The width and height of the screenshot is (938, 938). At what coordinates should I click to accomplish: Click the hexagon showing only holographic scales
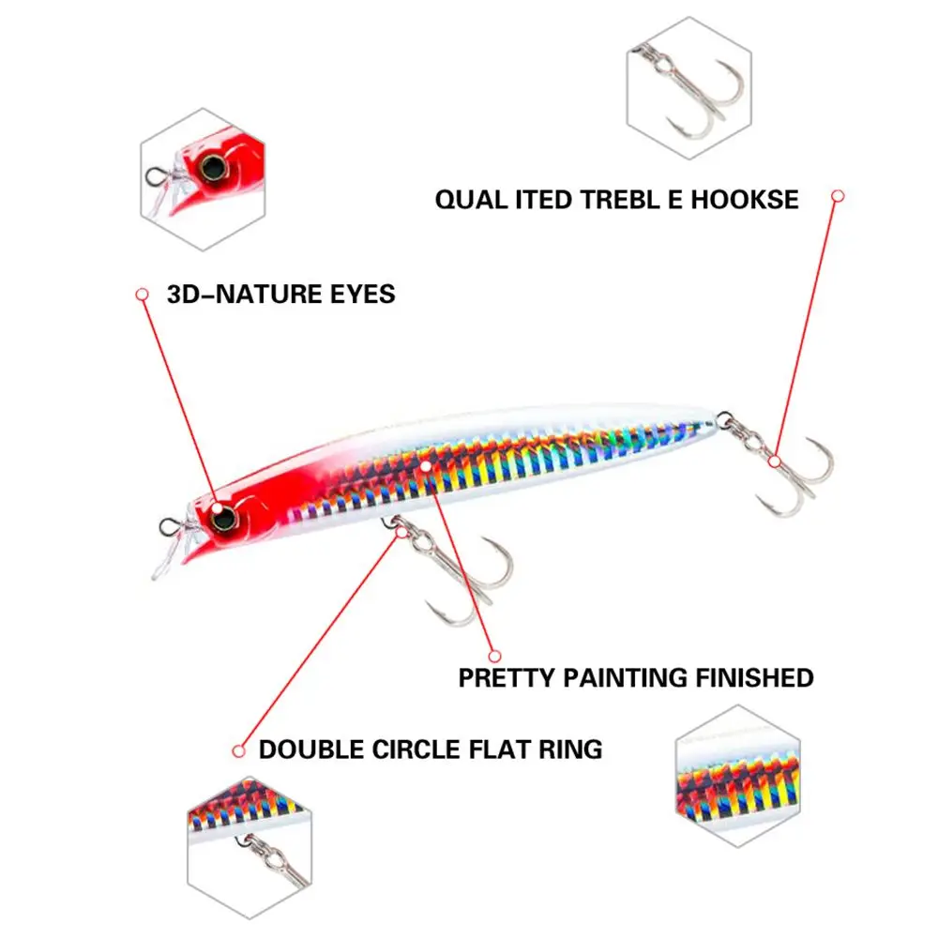pos(736,779)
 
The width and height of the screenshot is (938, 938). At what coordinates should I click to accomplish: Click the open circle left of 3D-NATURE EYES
pos(143,294)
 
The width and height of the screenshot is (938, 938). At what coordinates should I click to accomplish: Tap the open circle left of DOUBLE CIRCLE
pos(238,750)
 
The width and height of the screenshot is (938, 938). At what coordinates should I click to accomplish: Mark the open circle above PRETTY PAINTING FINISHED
pos(495,656)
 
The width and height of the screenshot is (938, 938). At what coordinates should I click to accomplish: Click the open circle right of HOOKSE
pos(838,196)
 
